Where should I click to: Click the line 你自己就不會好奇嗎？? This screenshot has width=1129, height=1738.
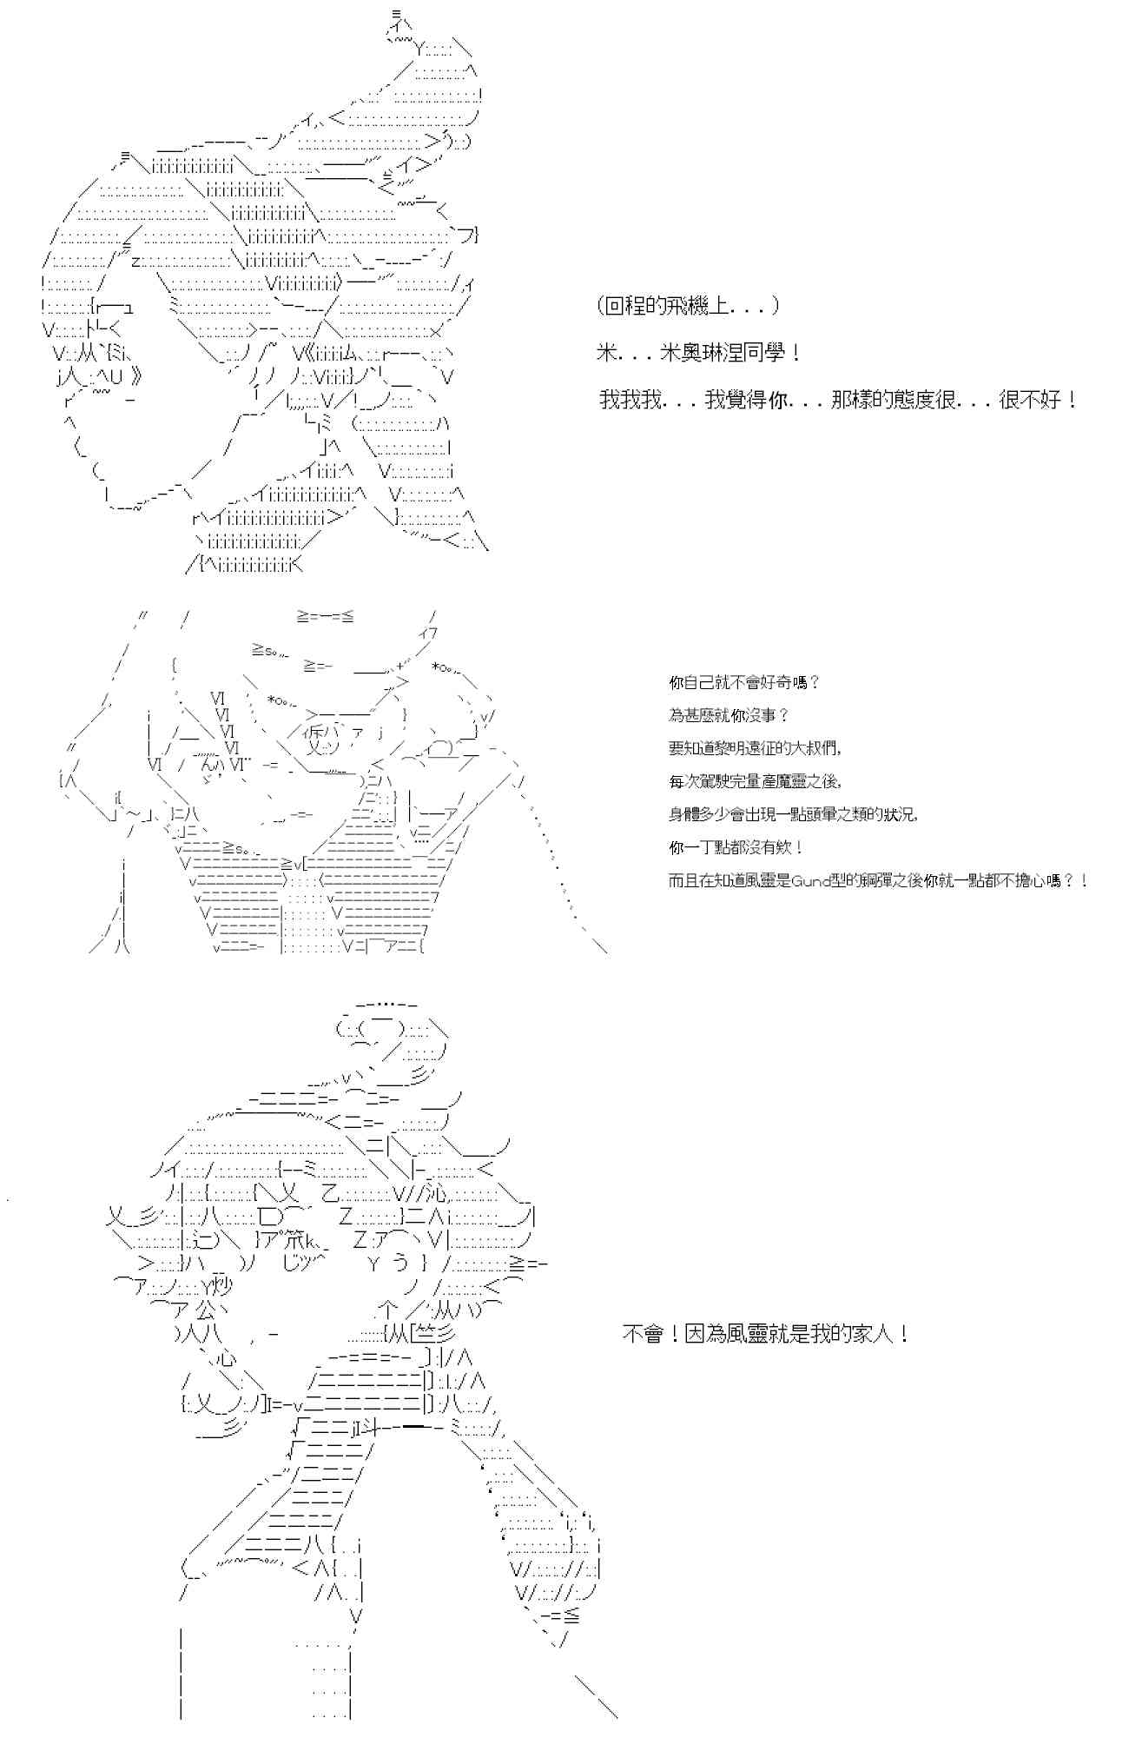(744, 682)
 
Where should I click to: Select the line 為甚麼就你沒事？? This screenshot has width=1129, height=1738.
(729, 715)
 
